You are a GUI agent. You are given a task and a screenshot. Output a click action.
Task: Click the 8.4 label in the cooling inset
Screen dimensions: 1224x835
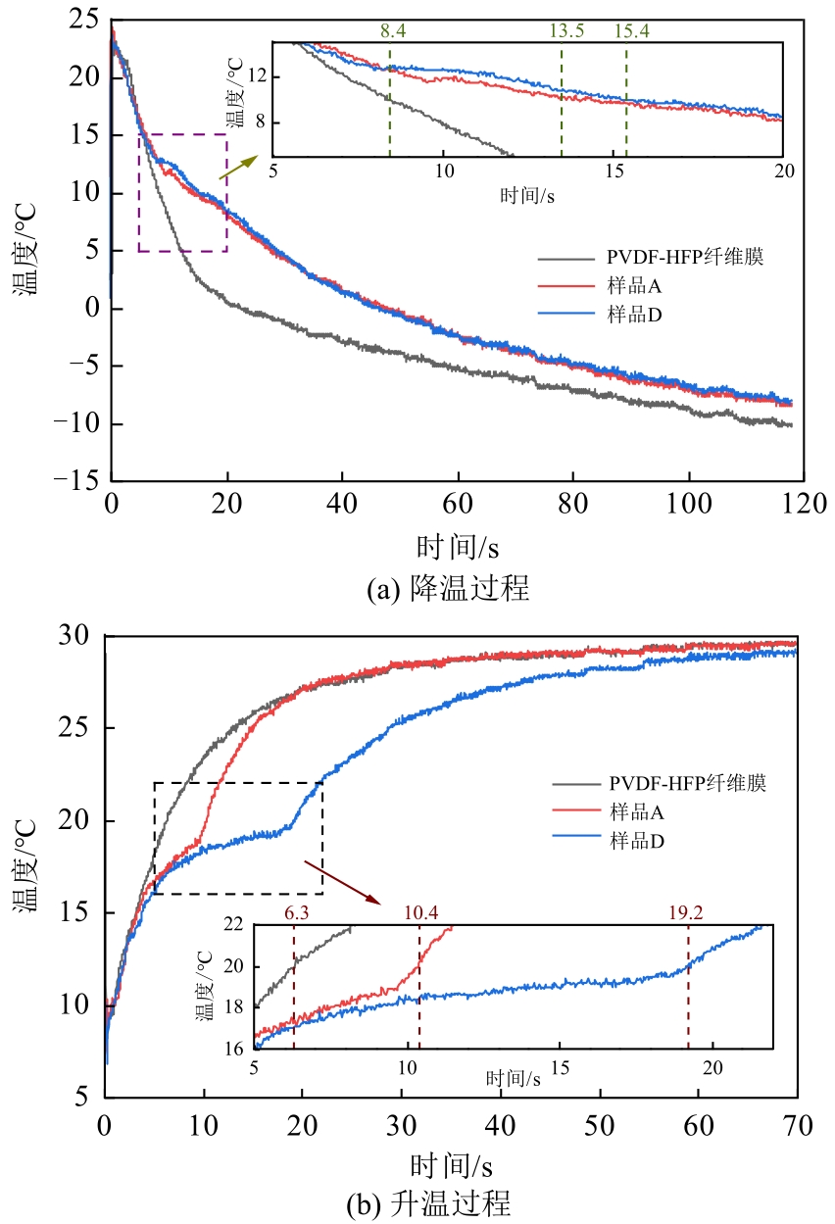393,30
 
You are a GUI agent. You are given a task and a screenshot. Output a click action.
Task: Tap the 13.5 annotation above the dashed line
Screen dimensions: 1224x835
566,30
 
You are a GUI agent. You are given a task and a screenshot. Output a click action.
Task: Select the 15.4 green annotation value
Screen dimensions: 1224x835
633,30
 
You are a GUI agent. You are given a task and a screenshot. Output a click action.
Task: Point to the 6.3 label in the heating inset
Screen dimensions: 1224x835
296,913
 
